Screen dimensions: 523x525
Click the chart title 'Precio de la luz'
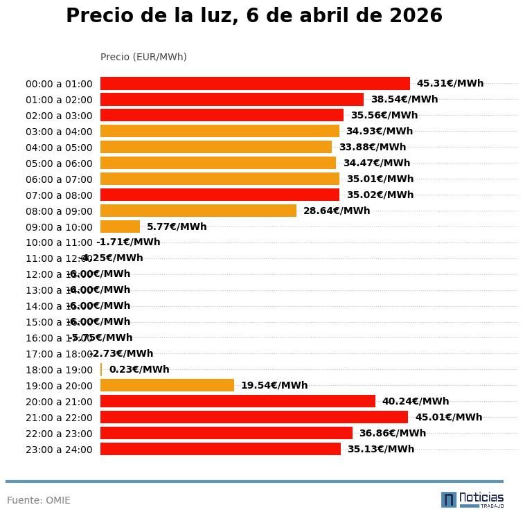point(253,16)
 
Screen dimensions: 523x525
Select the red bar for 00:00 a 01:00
point(255,83)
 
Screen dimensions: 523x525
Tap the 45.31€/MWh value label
point(450,83)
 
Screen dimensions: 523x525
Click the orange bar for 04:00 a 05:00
point(216,147)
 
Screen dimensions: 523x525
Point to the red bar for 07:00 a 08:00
point(220,195)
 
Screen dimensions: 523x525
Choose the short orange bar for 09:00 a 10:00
point(120,227)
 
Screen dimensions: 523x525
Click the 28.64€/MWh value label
point(336,211)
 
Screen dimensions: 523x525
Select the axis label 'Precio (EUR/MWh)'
point(143,57)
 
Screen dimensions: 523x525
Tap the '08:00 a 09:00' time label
point(59,211)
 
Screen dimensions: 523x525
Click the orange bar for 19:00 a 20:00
point(167,385)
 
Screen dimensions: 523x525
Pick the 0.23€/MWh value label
point(139,369)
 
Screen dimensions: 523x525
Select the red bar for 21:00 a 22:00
point(254,417)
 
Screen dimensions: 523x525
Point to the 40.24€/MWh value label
point(415,401)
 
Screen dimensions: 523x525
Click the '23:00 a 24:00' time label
point(59,450)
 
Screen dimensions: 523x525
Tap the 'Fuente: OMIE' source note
point(39,500)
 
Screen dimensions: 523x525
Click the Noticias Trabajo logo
point(472,499)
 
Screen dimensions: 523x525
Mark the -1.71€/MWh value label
point(128,242)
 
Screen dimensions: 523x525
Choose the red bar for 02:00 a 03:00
point(222,115)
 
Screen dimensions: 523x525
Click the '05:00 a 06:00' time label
point(59,163)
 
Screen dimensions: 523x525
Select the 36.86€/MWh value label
point(392,433)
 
